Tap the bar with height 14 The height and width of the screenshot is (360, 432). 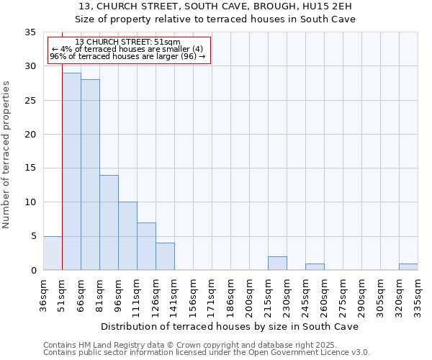109,222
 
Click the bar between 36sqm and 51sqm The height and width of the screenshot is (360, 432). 53,253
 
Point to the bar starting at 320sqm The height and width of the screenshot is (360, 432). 408,267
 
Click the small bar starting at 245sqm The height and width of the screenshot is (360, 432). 315,267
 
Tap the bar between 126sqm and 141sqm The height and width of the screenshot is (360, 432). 165,256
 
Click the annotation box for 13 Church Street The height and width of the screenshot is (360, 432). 129,50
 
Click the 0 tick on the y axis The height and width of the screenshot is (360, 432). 32,271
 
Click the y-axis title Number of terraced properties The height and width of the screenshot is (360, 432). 7,155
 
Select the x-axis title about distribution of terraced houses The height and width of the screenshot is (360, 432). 230,326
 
